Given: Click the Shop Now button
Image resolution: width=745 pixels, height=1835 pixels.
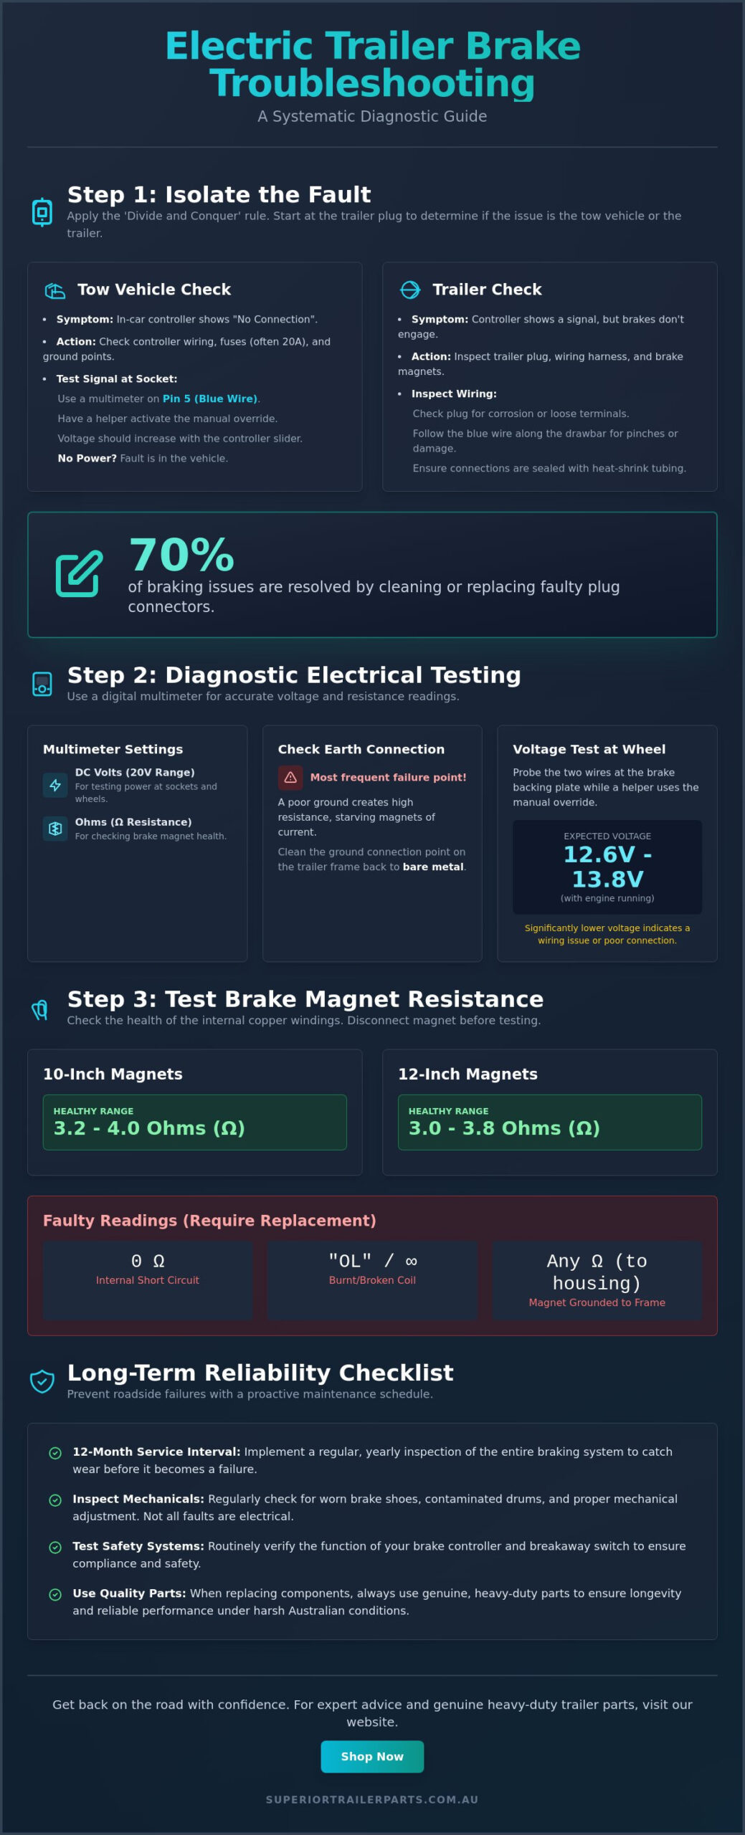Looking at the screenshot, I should click(x=372, y=1756).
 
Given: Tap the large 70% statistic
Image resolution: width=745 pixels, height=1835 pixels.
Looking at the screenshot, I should click(x=181, y=555).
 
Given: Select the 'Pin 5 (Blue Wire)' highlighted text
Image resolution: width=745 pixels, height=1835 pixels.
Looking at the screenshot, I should click(x=209, y=399).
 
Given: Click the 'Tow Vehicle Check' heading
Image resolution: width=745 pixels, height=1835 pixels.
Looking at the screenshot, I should click(x=154, y=290).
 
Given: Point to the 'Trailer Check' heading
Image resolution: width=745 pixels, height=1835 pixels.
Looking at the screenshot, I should click(x=487, y=290).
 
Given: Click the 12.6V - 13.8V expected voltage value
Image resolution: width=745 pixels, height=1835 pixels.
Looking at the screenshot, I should click(x=607, y=867).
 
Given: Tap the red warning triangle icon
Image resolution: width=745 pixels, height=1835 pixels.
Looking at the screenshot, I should click(x=290, y=777).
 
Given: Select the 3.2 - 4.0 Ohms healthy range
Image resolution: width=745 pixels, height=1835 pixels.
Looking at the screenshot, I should click(x=149, y=1128).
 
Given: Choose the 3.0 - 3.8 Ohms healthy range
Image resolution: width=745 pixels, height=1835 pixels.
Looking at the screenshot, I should click(x=504, y=1128).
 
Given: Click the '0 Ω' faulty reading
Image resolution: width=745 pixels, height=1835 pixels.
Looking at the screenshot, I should click(x=148, y=1261).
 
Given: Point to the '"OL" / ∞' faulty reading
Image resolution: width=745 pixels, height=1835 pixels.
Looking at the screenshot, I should click(x=372, y=1261).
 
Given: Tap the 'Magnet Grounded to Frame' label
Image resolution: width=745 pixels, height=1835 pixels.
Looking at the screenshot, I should click(x=597, y=1302).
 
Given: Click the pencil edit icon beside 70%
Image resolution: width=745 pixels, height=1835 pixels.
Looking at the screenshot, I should click(x=80, y=573).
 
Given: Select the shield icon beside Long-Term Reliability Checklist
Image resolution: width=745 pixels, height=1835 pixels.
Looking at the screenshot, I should click(x=42, y=1381).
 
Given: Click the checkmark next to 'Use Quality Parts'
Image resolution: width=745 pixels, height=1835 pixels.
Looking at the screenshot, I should click(x=55, y=1595).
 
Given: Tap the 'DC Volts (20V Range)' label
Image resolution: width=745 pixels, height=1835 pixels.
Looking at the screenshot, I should click(x=135, y=772).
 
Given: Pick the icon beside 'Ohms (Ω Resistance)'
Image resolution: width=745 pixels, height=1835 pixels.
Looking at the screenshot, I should click(x=55, y=829).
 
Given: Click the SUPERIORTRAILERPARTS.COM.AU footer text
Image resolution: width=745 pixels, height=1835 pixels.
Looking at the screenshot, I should click(x=372, y=1799).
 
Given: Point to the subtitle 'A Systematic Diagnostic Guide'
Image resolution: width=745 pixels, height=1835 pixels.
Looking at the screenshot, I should click(x=372, y=116).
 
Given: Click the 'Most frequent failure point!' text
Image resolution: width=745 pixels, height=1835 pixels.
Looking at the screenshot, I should click(x=388, y=777).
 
